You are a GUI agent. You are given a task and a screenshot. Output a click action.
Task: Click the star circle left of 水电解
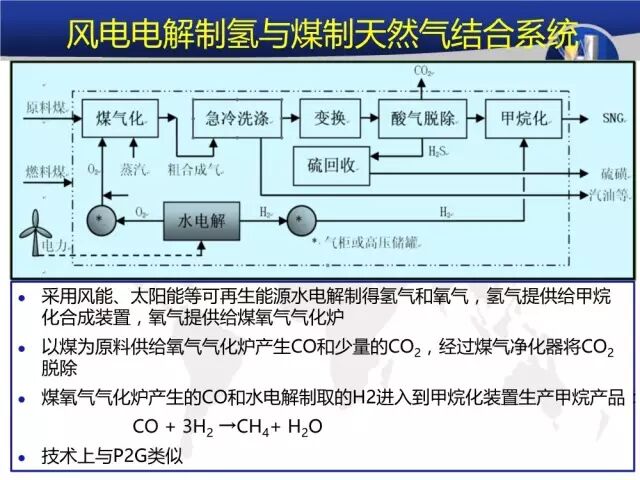click(99, 219)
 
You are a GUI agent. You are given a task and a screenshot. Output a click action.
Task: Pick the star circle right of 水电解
click(300, 220)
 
